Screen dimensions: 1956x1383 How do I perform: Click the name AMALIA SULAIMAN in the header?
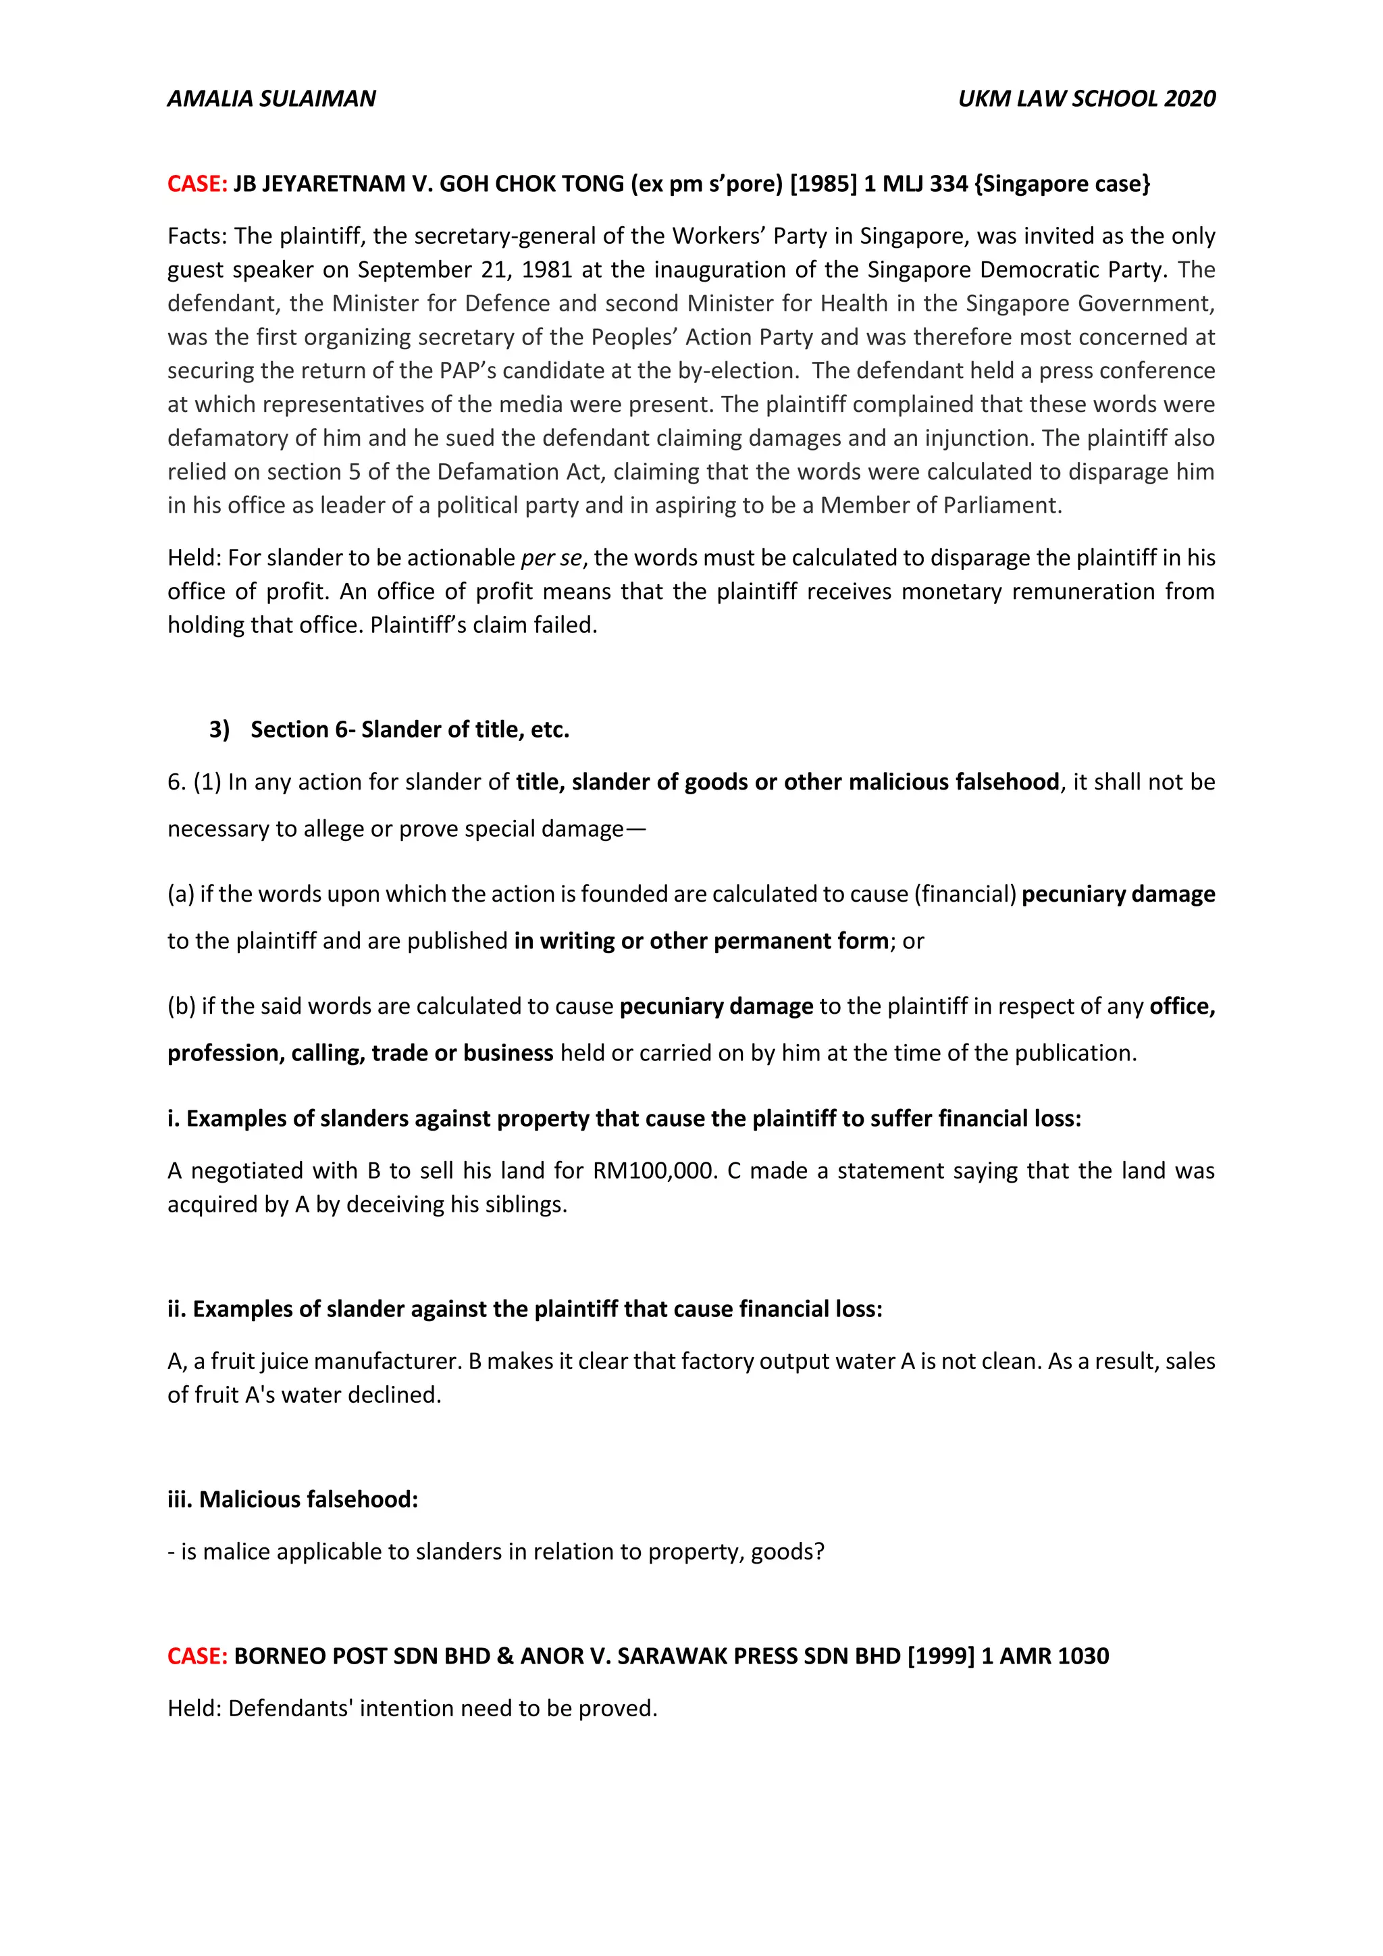click(x=271, y=99)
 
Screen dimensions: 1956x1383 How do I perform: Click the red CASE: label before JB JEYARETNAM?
click(x=197, y=184)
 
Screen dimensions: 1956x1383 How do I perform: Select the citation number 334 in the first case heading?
click(x=949, y=184)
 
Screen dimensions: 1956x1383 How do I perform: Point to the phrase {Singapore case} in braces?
click(x=1062, y=184)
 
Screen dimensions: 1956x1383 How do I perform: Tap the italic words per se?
click(x=551, y=558)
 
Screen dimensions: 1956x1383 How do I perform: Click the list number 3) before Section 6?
click(x=219, y=730)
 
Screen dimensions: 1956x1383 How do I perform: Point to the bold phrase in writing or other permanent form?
click(x=701, y=942)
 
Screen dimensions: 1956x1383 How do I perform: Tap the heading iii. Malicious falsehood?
click(x=293, y=1499)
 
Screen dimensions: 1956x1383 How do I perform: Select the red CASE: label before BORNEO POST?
click(x=197, y=1656)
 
